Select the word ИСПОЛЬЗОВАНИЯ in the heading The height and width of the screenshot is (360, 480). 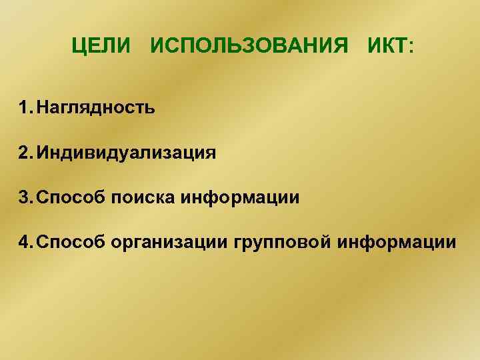[249, 47]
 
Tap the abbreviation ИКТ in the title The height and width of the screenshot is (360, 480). [386, 47]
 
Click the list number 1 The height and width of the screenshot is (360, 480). [25, 107]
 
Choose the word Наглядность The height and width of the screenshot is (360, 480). [97, 107]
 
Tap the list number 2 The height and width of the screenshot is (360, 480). [25, 153]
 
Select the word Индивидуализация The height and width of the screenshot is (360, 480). [127, 153]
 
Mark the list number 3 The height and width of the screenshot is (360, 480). [25, 197]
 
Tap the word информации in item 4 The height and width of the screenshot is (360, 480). [397, 243]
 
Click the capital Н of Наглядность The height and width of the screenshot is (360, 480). [43, 107]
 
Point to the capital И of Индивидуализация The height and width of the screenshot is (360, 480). [43, 153]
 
